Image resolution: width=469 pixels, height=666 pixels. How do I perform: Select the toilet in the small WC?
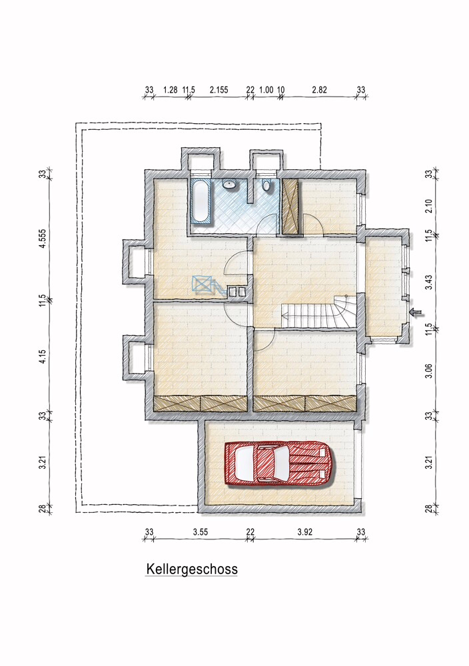(266, 186)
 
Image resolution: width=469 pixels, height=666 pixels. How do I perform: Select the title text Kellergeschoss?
(191, 570)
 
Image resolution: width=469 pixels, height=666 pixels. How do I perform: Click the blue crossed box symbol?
(203, 284)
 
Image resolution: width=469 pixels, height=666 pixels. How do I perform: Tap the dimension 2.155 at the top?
(219, 89)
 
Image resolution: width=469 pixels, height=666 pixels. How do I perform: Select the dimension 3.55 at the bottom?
(201, 532)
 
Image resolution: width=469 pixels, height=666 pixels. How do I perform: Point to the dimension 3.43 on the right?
(428, 280)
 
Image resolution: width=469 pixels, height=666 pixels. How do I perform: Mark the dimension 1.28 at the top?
(169, 89)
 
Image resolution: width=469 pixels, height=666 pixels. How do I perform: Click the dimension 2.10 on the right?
(428, 204)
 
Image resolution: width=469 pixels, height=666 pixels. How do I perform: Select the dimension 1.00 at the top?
(266, 89)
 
